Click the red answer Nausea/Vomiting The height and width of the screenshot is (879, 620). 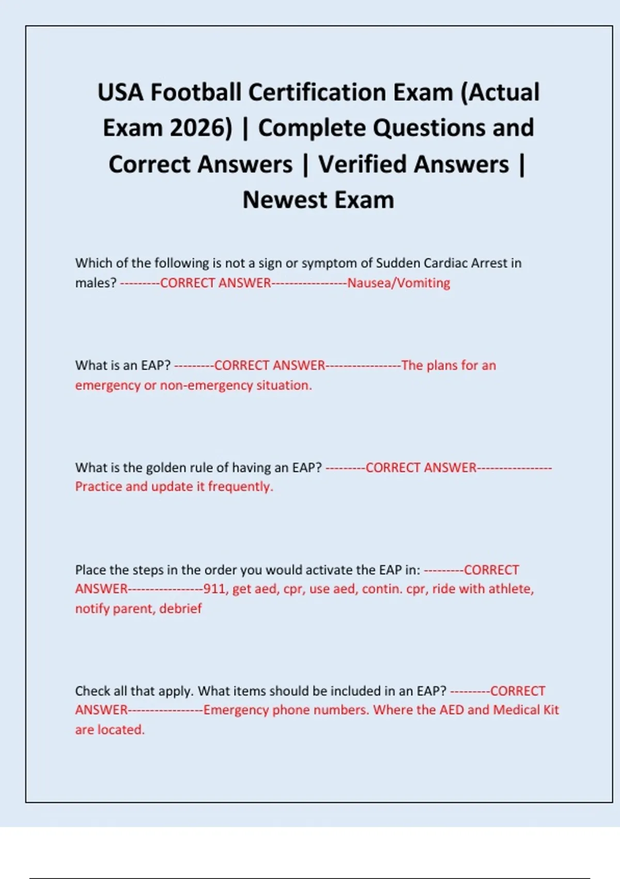tap(398, 283)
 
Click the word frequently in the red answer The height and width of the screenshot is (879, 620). tap(240, 487)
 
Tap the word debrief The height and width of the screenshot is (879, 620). tap(180, 609)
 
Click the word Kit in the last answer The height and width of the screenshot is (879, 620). tap(551, 710)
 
